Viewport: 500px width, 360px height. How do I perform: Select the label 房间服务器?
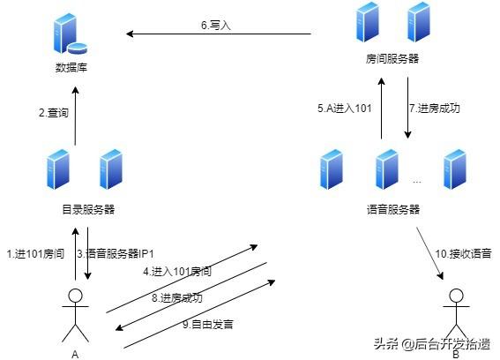pyautogui.click(x=392, y=58)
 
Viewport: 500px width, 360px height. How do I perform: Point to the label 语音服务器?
pyautogui.click(x=392, y=209)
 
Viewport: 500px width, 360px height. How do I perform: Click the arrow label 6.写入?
pyautogui.click(x=215, y=26)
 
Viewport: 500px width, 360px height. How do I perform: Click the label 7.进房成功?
pyautogui.click(x=435, y=109)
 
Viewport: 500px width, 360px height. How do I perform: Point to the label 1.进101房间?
pyautogui.click(x=34, y=254)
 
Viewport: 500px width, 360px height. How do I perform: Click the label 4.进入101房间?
pyautogui.click(x=177, y=271)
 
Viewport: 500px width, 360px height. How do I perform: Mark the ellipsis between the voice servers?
pyautogui.click(x=417, y=179)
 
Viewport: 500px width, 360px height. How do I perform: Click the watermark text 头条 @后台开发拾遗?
pyautogui.click(x=431, y=343)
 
